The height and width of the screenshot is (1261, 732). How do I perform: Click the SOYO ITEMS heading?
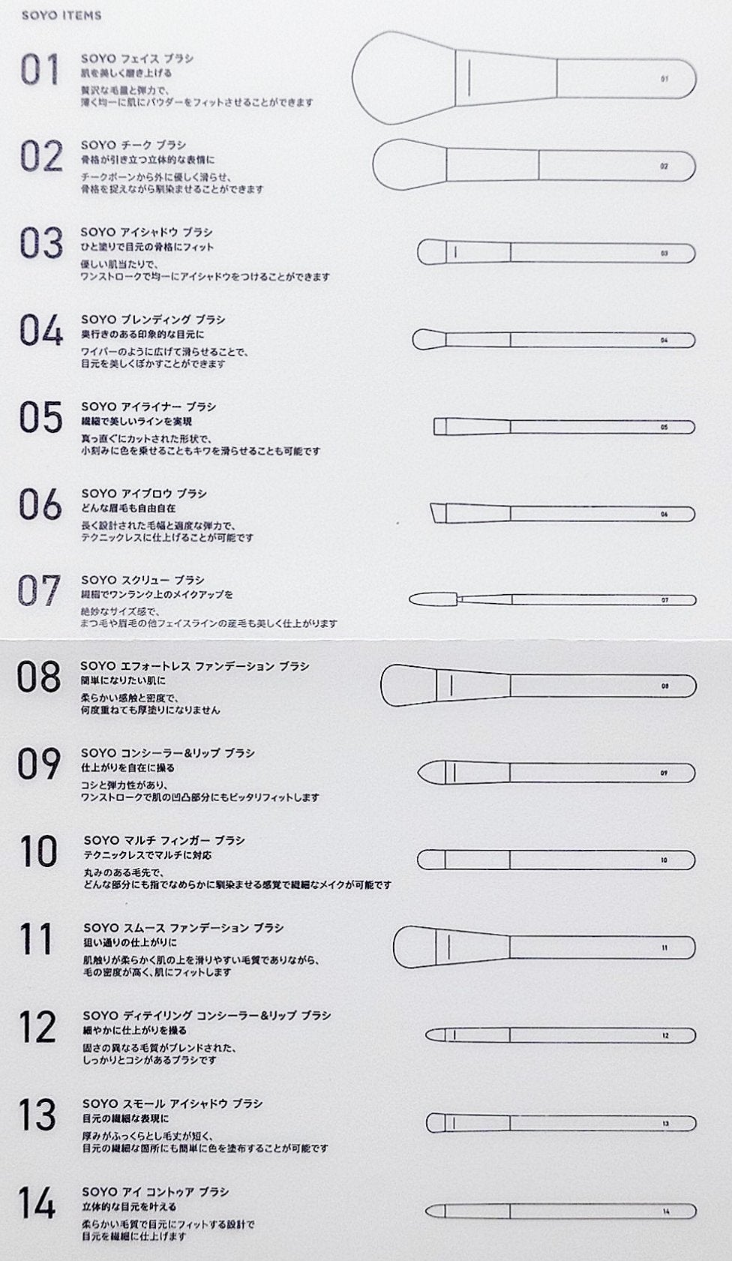[x=61, y=15]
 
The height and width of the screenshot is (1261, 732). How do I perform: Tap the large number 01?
[x=40, y=70]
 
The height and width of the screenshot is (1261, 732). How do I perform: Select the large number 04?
[x=40, y=331]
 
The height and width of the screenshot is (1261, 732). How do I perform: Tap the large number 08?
[x=39, y=677]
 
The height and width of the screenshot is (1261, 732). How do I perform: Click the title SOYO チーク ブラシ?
[x=133, y=145]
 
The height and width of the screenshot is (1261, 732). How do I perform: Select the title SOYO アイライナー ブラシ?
[x=148, y=407]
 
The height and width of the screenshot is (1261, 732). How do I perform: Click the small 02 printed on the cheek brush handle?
[x=664, y=166]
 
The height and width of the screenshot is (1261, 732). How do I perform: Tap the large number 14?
[x=37, y=1203]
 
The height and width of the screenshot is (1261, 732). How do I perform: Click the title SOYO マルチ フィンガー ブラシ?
[x=164, y=840]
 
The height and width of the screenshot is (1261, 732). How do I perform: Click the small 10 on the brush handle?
[x=664, y=860]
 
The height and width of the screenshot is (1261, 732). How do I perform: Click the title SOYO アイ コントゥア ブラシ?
[x=155, y=1191]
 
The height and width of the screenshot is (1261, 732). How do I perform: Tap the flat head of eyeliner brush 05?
[x=441, y=426]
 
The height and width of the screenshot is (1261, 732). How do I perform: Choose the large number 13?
[x=37, y=1115]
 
